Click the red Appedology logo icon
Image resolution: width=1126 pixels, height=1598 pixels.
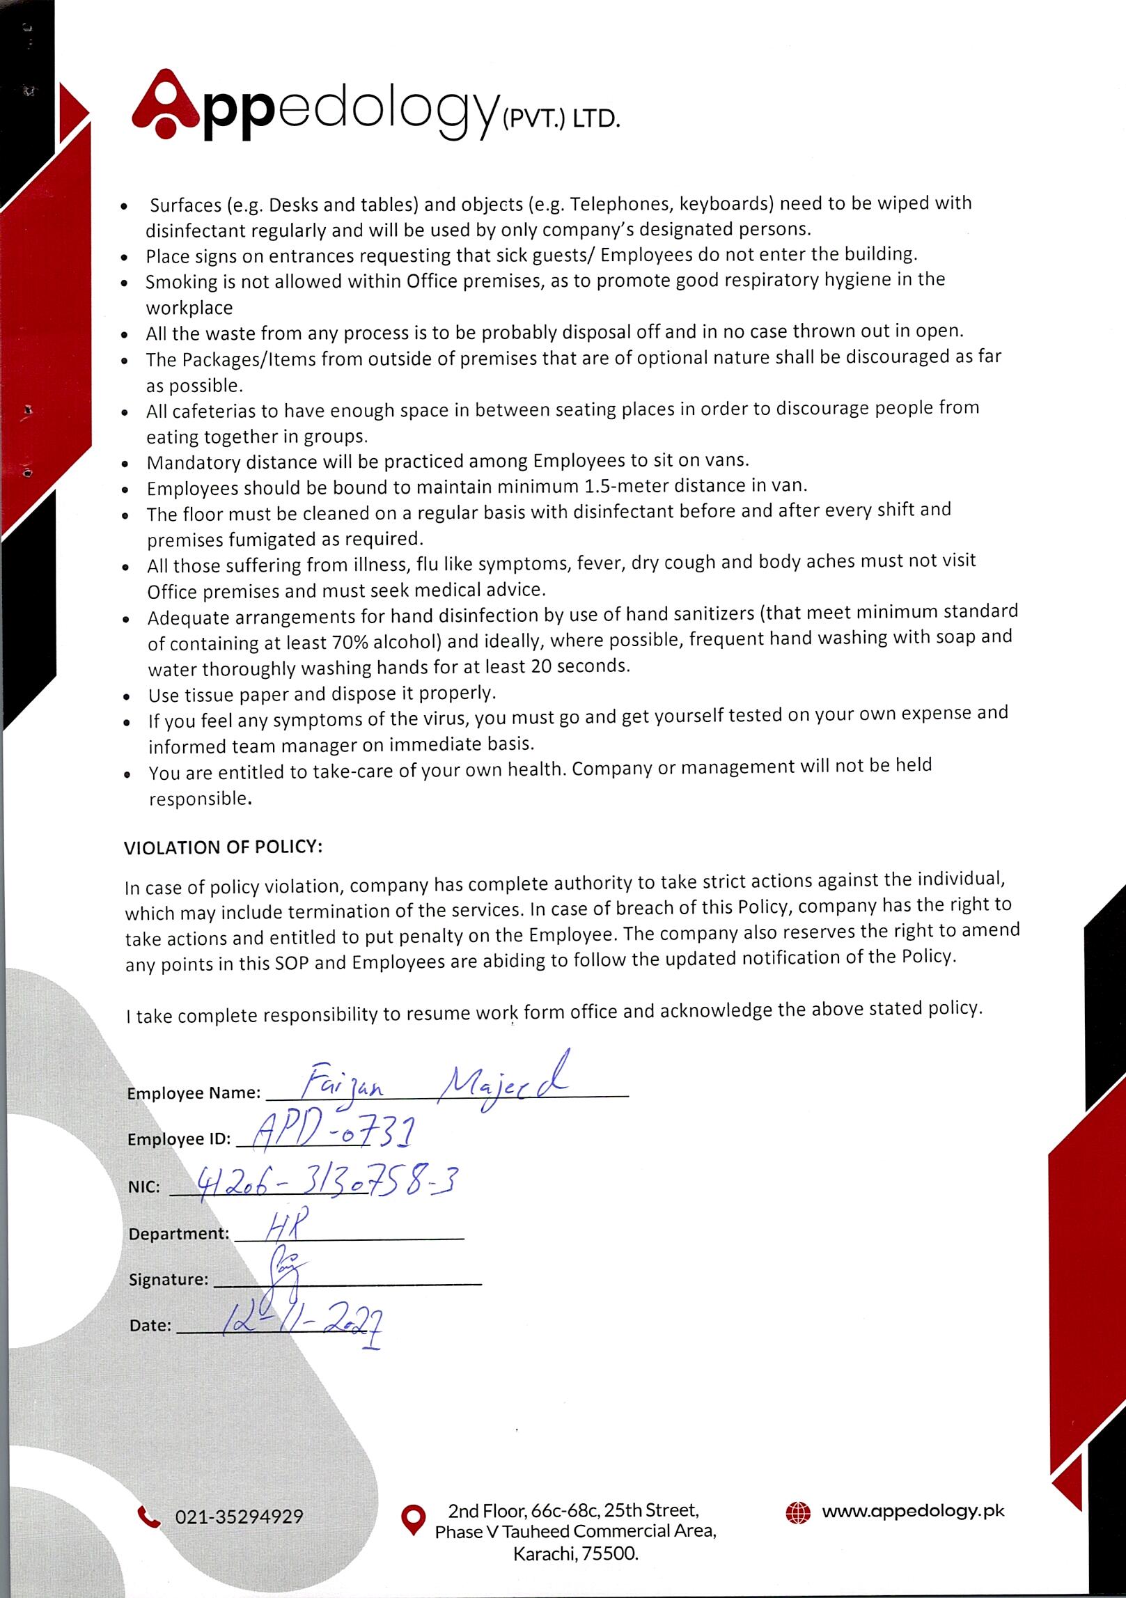coord(166,102)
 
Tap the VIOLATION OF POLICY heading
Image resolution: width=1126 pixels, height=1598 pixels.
coord(223,847)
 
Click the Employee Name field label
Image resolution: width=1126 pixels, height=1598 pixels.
coord(194,1093)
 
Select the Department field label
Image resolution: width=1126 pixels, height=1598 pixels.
coord(179,1234)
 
